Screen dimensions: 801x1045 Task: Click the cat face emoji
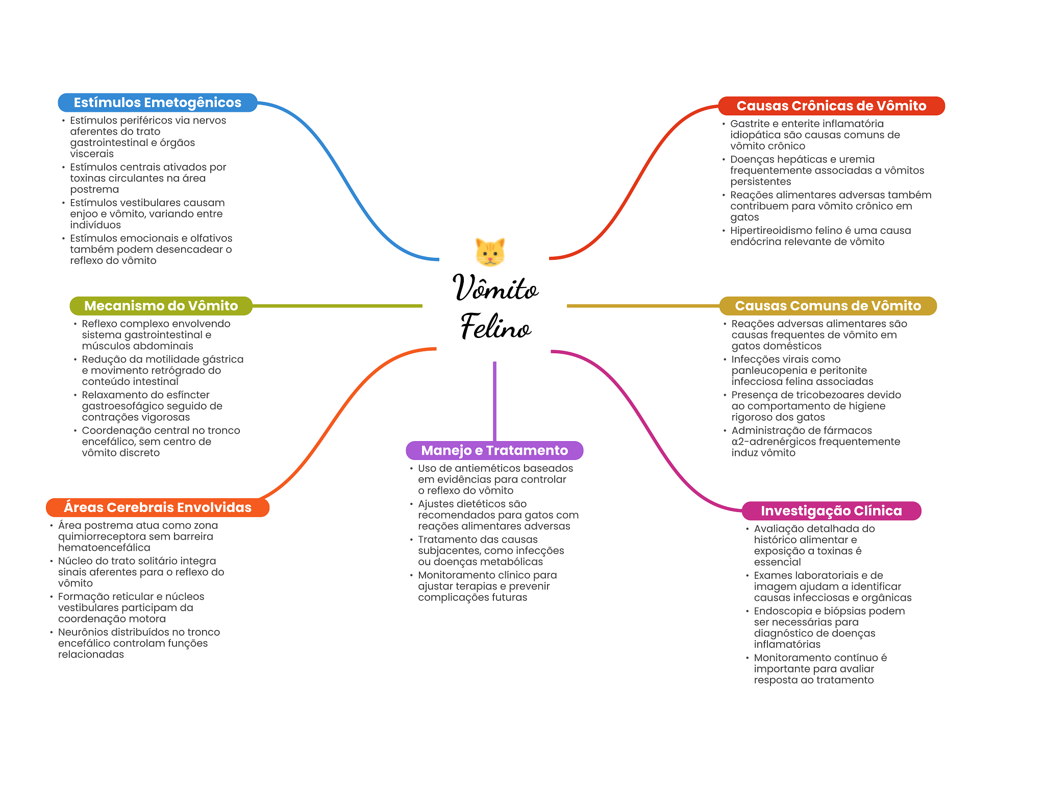490,252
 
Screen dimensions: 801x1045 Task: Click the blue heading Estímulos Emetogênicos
157,103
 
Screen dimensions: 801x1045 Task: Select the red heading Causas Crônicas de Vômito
831,106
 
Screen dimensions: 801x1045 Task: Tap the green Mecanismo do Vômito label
161,306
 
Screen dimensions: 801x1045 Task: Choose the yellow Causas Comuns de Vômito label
828,306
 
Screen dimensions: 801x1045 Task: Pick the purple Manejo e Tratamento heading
494,450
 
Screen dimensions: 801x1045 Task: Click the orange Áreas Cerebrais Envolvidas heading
157,507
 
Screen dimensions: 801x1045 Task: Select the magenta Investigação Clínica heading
831,511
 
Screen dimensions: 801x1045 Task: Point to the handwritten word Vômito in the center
495,287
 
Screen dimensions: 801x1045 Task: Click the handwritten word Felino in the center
495,327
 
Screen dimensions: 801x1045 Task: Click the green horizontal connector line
337,306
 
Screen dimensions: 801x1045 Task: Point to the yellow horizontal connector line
643,306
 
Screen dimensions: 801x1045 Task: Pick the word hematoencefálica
104,548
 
